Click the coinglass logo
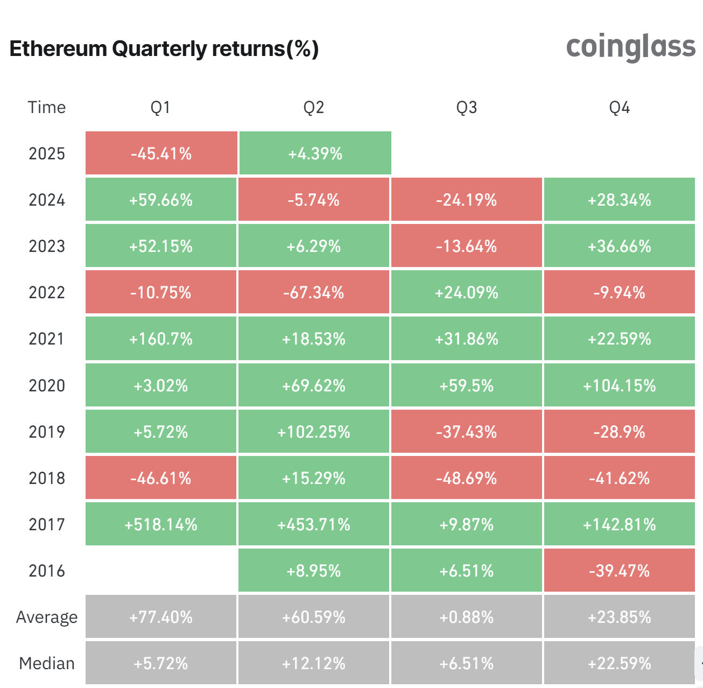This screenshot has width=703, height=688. (630, 47)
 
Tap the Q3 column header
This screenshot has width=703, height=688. (466, 108)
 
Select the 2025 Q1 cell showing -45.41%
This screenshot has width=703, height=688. (161, 153)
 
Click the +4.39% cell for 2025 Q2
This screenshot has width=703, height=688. (315, 153)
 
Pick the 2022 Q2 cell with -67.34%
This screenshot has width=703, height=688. (314, 292)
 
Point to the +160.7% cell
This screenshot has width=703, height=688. (161, 339)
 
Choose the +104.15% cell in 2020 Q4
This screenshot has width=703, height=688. (619, 385)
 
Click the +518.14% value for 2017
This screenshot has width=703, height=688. (161, 524)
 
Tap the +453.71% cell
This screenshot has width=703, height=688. (314, 524)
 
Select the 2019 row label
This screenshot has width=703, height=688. (47, 432)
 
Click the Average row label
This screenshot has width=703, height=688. (47, 617)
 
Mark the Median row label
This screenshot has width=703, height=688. (47, 663)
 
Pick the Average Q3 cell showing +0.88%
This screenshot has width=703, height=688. (466, 617)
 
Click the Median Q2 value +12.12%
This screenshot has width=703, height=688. (314, 663)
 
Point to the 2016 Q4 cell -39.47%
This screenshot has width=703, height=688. (619, 571)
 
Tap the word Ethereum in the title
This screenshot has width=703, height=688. (58, 49)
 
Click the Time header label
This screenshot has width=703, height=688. (47, 108)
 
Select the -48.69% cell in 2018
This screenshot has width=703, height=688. (466, 478)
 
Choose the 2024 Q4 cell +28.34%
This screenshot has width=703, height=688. (619, 200)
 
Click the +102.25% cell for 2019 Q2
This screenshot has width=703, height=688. (314, 432)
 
